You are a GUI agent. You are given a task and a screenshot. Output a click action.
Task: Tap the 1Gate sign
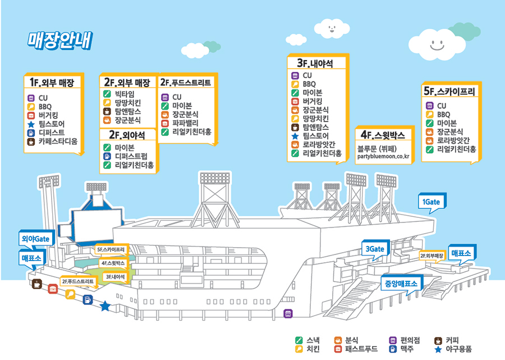pos(431,202)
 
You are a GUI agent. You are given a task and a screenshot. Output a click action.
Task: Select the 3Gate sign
pos(374,249)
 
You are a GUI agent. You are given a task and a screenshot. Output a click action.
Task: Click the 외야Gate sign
pos(36,239)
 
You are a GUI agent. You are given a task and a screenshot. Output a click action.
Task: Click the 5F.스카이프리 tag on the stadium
pos(111,249)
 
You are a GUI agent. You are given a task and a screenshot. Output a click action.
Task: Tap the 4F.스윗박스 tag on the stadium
pos(114,262)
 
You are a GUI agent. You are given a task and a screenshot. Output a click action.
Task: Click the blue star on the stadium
pos(105,306)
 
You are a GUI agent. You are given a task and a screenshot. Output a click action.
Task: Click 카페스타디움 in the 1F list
pos(58,142)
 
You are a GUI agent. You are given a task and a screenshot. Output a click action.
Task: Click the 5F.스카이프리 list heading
pos(449,90)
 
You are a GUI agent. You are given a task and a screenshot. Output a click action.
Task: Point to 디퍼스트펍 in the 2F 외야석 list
pos(131,156)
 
